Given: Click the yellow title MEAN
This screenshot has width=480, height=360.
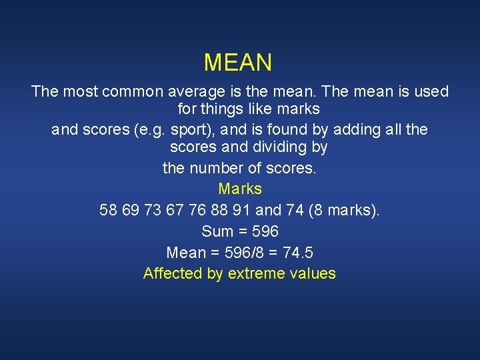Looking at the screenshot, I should coord(238,63).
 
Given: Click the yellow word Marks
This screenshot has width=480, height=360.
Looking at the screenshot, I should coord(240,189).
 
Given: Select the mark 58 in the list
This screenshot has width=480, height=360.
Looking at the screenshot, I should coord(108,211).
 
